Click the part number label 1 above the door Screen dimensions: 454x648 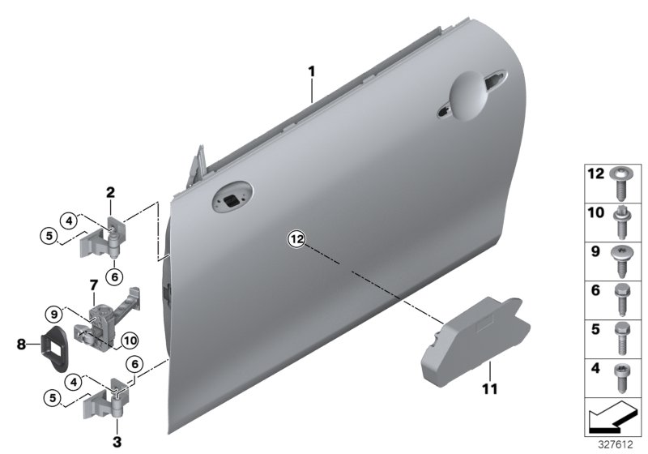pos(311,72)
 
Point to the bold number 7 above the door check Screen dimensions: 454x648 pos(94,285)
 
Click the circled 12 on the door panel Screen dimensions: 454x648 pos(296,238)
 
